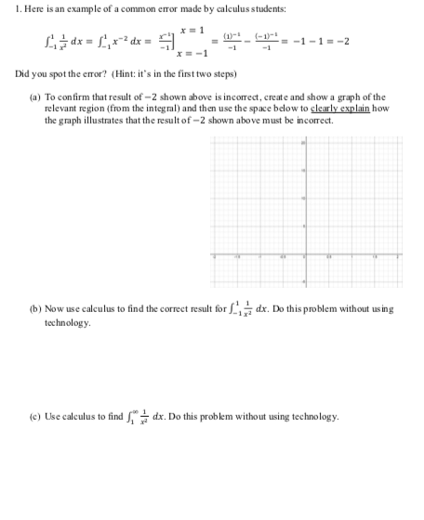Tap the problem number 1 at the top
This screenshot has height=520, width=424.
[6, 9]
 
